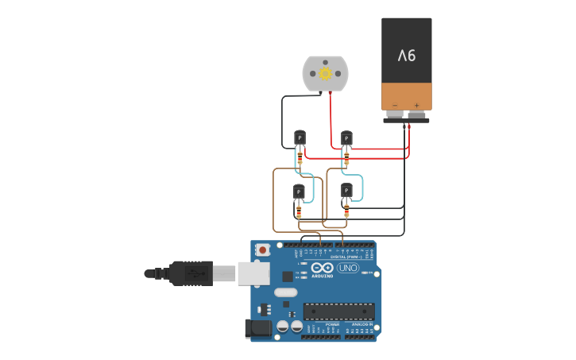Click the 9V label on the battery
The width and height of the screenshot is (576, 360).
407,56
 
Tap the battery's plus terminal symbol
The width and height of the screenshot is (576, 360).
416,105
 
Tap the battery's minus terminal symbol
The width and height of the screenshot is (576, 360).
395,105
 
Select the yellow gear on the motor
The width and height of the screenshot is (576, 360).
325,73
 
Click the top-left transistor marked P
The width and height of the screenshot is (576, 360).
300,137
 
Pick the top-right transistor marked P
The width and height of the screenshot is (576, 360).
346,137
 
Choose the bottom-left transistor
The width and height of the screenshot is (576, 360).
299,192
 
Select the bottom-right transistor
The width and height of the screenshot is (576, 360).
346,190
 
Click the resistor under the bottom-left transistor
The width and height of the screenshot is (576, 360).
299,211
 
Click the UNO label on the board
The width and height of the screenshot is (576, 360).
347,268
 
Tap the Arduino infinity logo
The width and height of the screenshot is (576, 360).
322,267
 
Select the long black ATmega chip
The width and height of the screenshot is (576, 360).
338,311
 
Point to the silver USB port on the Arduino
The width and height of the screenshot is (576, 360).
253,273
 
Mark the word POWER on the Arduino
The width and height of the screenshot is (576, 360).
332,324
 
